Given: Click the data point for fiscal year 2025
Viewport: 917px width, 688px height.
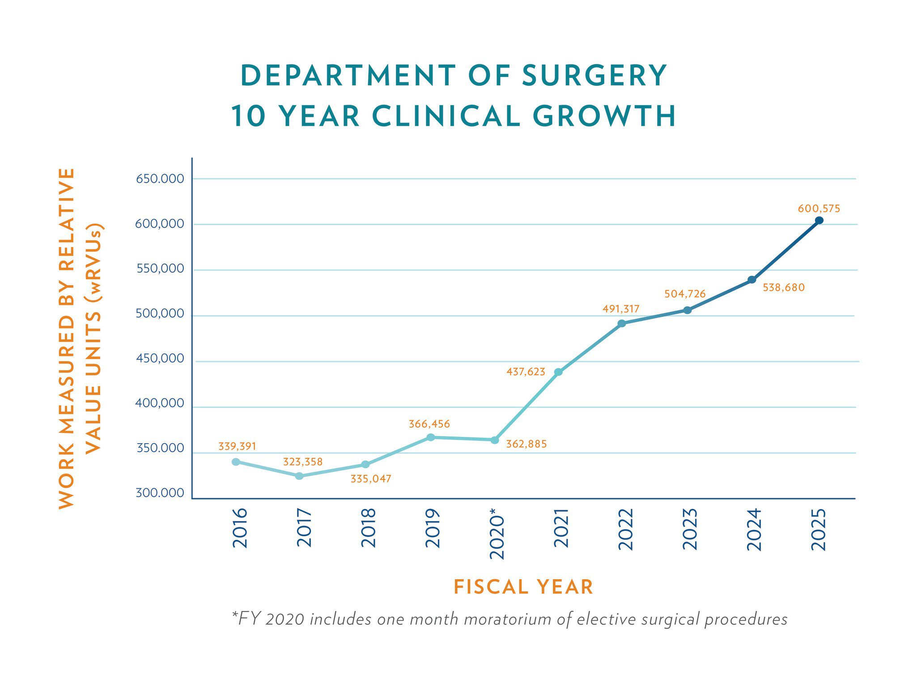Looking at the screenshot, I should (819, 220).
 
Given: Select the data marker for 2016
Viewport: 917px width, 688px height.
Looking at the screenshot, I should (236, 462).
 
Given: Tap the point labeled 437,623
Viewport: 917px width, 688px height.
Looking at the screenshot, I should (558, 372).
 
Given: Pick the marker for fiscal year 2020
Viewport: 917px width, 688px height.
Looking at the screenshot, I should (494, 440).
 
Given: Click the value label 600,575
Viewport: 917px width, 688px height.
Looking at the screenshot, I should (819, 209).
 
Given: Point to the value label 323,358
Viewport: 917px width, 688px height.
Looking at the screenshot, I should (302, 462).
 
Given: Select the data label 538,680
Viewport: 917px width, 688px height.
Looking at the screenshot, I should (783, 288).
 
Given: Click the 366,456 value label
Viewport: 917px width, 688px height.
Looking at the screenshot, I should (429, 424).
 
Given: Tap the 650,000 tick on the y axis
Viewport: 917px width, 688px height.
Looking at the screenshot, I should (160, 179).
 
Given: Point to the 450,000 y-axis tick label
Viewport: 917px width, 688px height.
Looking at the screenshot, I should (160, 359).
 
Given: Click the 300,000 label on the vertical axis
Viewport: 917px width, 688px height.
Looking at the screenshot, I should (160, 493).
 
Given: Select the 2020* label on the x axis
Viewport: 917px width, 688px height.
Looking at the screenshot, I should (497, 533).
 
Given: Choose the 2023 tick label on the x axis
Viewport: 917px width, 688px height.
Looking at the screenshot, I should (690, 529).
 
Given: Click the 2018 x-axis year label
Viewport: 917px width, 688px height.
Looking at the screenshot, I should (369, 528).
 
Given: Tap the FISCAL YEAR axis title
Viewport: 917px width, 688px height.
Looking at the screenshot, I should (523, 587).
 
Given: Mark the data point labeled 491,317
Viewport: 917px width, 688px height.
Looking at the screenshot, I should (621, 323).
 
